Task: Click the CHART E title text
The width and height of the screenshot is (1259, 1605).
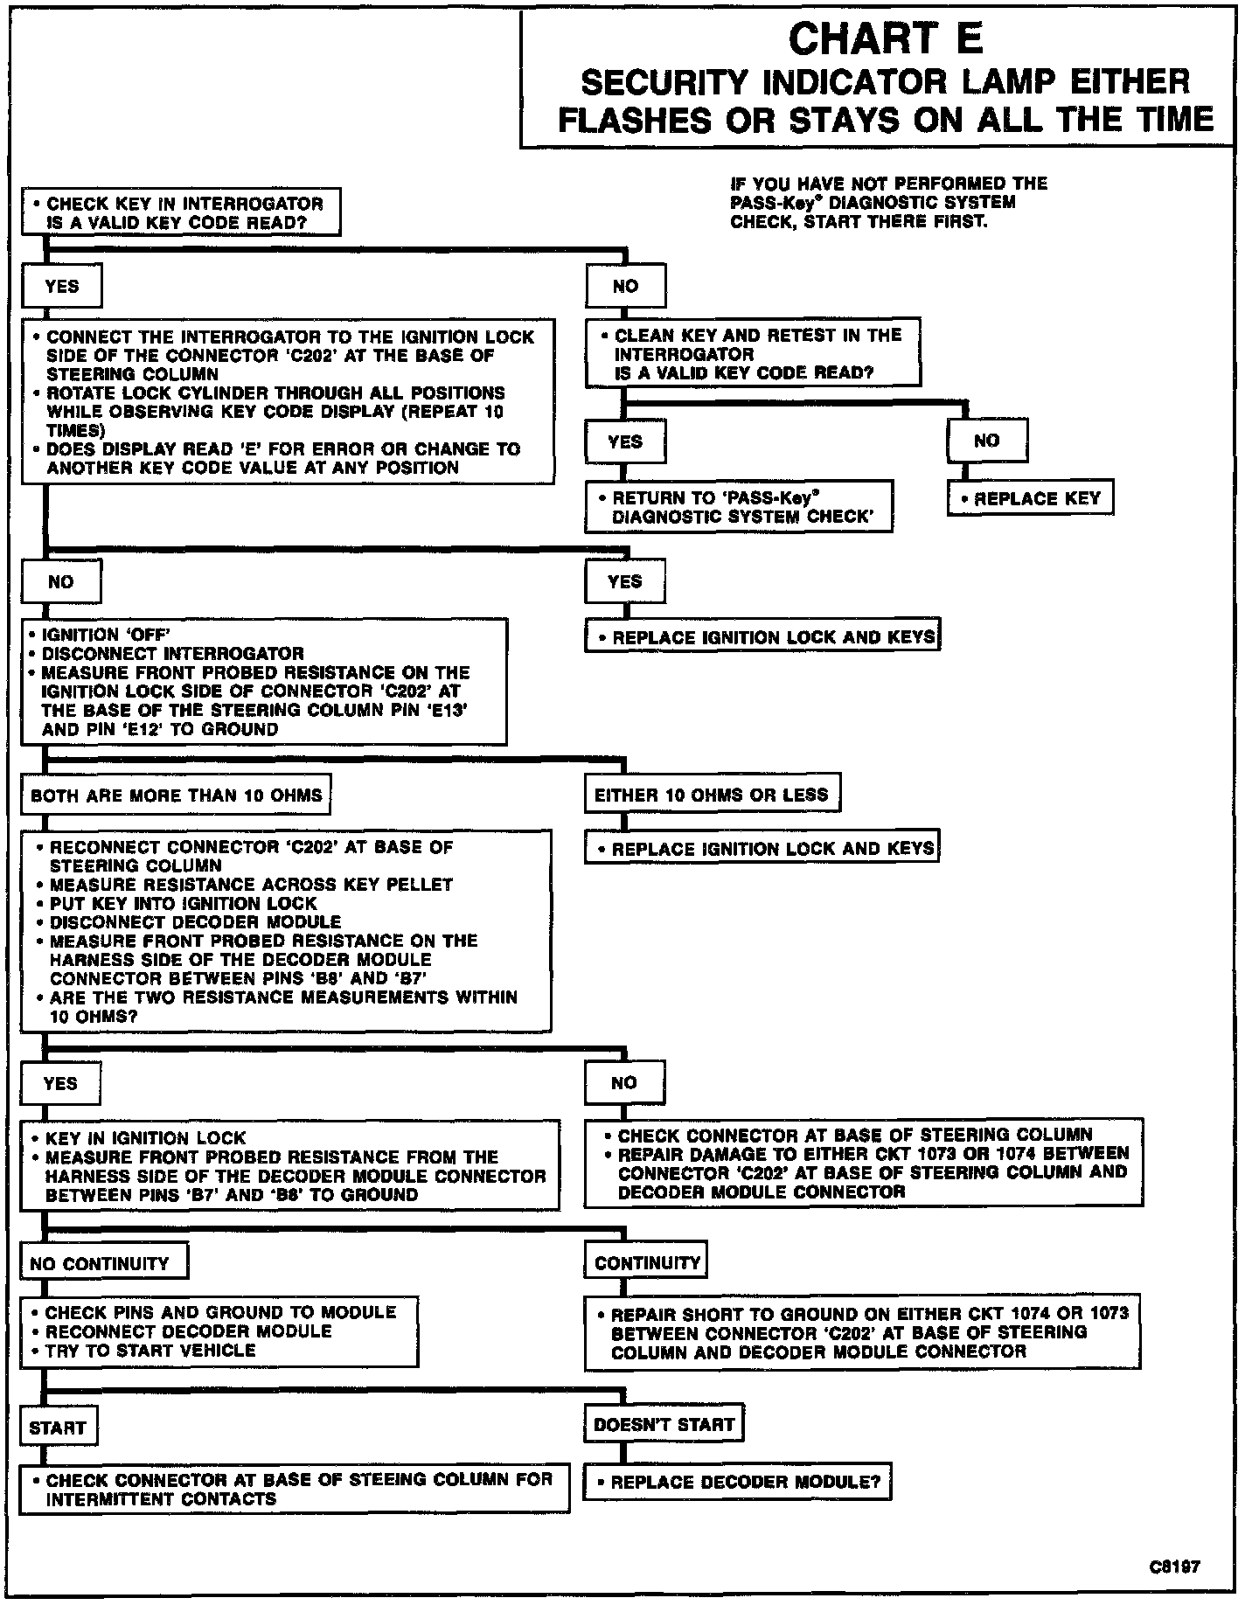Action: pyautogui.click(x=886, y=38)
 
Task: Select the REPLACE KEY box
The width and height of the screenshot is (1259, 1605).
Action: pyautogui.click(x=1030, y=499)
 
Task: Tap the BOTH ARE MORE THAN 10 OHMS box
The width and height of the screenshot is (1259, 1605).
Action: pyautogui.click(x=176, y=796)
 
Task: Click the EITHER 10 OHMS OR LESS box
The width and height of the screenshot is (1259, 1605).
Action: pyautogui.click(x=711, y=795)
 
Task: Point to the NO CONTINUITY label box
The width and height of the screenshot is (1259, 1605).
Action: pyautogui.click(x=103, y=1263)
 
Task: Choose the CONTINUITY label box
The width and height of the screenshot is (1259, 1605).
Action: pyautogui.click(x=646, y=1262)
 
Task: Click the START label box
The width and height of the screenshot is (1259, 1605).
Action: pyautogui.click(x=58, y=1428)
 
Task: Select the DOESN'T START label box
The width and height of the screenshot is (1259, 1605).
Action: pyautogui.click(x=664, y=1425)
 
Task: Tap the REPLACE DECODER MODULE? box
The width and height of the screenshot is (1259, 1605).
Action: pyautogui.click(x=737, y=1482)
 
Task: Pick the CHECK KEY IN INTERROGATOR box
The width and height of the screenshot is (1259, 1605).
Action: pyautogui.click(x=180, y=213)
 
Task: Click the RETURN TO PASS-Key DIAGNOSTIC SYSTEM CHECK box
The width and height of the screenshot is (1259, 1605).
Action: pyautogui.click(x=740, y=507)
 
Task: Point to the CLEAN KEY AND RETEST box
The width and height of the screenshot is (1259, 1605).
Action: pyautogui.click(x=753, y=353)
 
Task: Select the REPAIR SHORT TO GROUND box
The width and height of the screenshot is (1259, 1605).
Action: pyautogui.click(x=863, y=1332)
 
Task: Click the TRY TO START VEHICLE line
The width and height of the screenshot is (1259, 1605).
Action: pyautogui.click(x=150, y=1350)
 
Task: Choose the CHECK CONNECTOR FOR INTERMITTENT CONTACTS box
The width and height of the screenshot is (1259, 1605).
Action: pyautogui.click(x=294, y=1489)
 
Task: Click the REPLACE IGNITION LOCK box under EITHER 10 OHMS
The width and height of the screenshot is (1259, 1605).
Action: pyautogui.click(x=762, y=849)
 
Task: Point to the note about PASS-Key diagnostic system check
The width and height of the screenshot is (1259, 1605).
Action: pyautogui.click(x=887, y=202)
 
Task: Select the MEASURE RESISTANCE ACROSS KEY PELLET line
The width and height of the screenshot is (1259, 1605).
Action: pyautogui.click(x=251, y=885)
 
